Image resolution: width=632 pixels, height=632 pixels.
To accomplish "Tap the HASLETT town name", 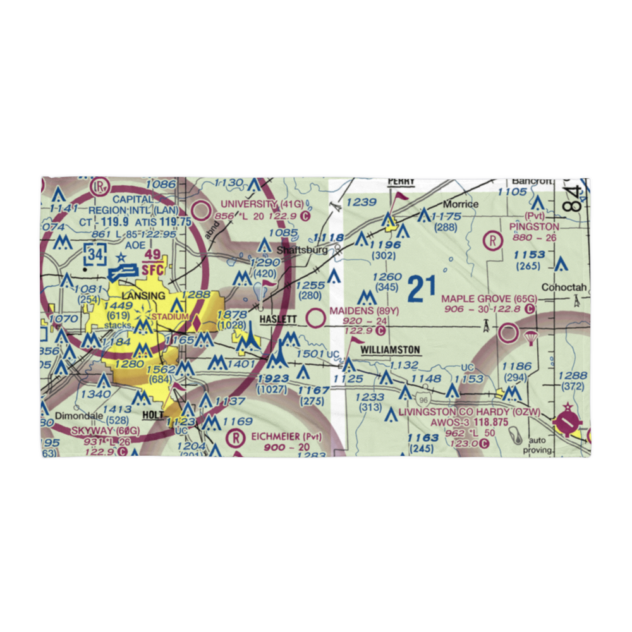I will (277, 320).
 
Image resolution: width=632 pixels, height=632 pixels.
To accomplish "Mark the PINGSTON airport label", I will (536, 226).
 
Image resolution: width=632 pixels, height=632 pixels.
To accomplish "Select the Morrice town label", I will (460, 205).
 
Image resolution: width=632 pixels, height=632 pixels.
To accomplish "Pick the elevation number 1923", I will (273, 379).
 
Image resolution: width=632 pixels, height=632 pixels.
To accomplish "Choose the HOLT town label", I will (154, 415).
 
